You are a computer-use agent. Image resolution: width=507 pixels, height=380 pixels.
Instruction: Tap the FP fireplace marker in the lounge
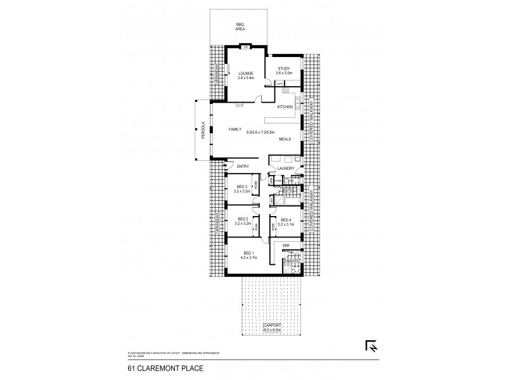245,46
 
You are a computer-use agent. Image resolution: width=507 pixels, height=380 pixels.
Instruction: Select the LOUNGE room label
245,74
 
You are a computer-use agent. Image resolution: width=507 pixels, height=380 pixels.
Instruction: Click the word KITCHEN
285,108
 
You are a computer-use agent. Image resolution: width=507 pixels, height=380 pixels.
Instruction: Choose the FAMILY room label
235,129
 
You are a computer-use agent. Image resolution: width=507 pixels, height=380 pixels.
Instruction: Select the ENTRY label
243,166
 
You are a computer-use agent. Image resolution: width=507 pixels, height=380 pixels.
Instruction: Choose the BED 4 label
286,219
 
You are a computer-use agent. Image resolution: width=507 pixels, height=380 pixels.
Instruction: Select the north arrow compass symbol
371,346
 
